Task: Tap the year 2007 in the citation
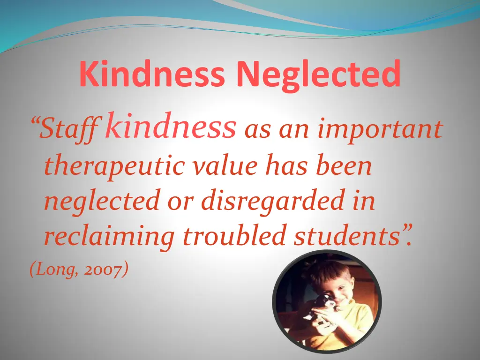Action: (x=107, y=270)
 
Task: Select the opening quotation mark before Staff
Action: (x=33, y=123)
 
